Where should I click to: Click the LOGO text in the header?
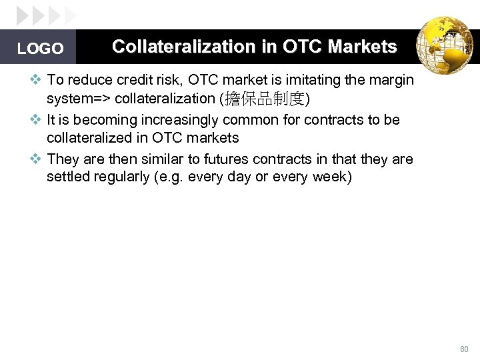pyautogui.click(x=40, y=49)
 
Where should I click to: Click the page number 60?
pyautogui.click(x=464, y=349)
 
